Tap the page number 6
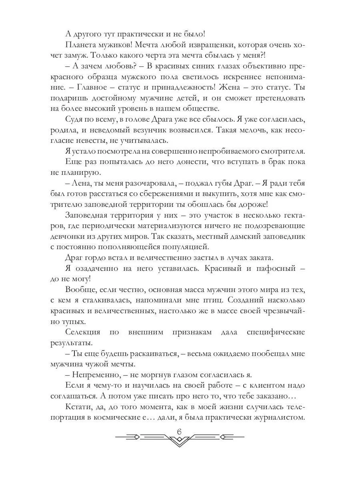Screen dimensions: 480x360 point(179,432)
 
